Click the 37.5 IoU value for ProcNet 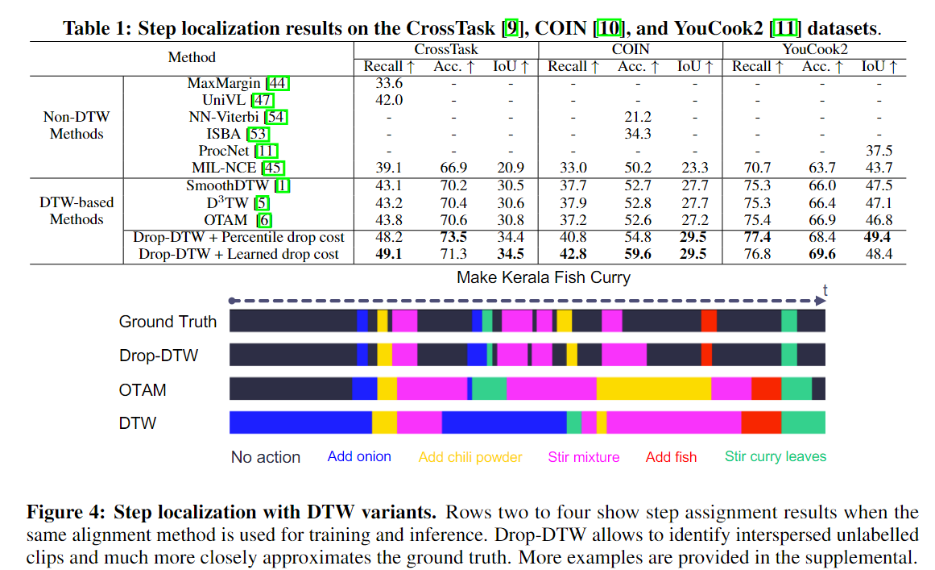879,151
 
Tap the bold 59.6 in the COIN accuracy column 636,254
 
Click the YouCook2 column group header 814,50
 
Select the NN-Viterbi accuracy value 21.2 636,117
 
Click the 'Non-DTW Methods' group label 77,125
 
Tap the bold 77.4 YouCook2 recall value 757,237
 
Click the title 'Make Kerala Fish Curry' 544,277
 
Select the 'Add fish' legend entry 671,457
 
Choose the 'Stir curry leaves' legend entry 775,456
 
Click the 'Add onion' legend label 359,456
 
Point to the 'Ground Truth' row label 168,322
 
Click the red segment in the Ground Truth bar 708,321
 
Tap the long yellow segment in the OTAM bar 653,389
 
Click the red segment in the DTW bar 760,422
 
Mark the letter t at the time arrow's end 825,289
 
